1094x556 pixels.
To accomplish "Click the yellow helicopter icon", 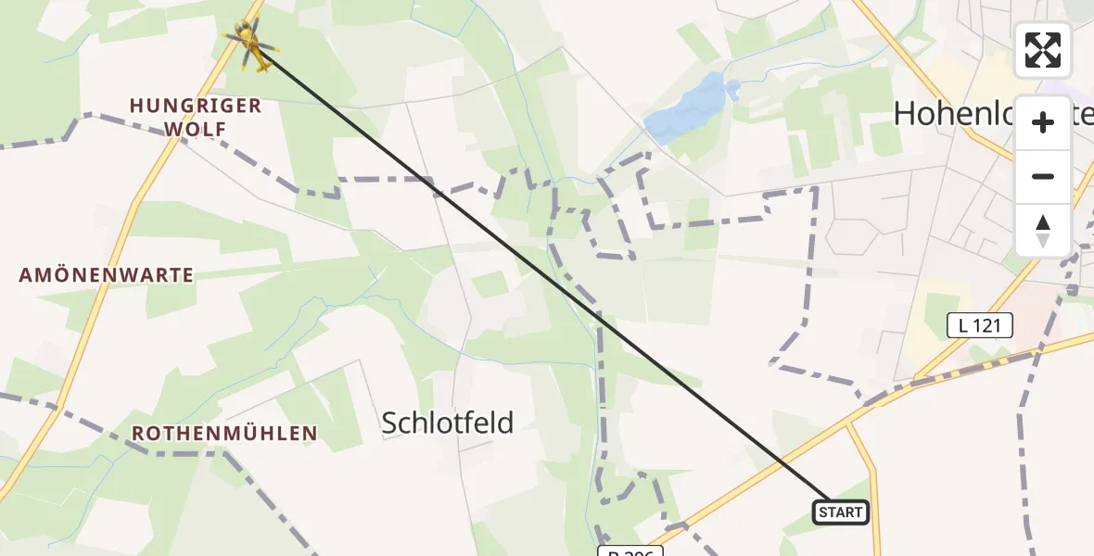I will [249, 44].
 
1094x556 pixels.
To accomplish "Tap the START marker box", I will [841, 512].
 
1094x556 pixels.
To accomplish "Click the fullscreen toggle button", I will [1043, 50].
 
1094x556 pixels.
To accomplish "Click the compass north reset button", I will [1043, 230].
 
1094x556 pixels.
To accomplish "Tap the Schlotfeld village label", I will [448, 423].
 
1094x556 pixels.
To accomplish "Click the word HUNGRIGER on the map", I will [196, 106].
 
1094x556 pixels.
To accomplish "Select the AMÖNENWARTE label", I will [108, 275].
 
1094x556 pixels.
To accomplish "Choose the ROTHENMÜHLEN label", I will [224, 434].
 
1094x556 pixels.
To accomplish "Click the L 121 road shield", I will [979, 325].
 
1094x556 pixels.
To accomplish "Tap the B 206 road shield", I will [630, 552].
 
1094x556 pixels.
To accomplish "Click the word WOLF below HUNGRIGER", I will [196, 129].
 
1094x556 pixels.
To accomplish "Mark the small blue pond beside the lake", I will [733, 90].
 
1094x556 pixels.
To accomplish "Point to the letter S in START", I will [824, 512].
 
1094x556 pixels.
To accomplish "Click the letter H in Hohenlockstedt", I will [904, 114].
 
